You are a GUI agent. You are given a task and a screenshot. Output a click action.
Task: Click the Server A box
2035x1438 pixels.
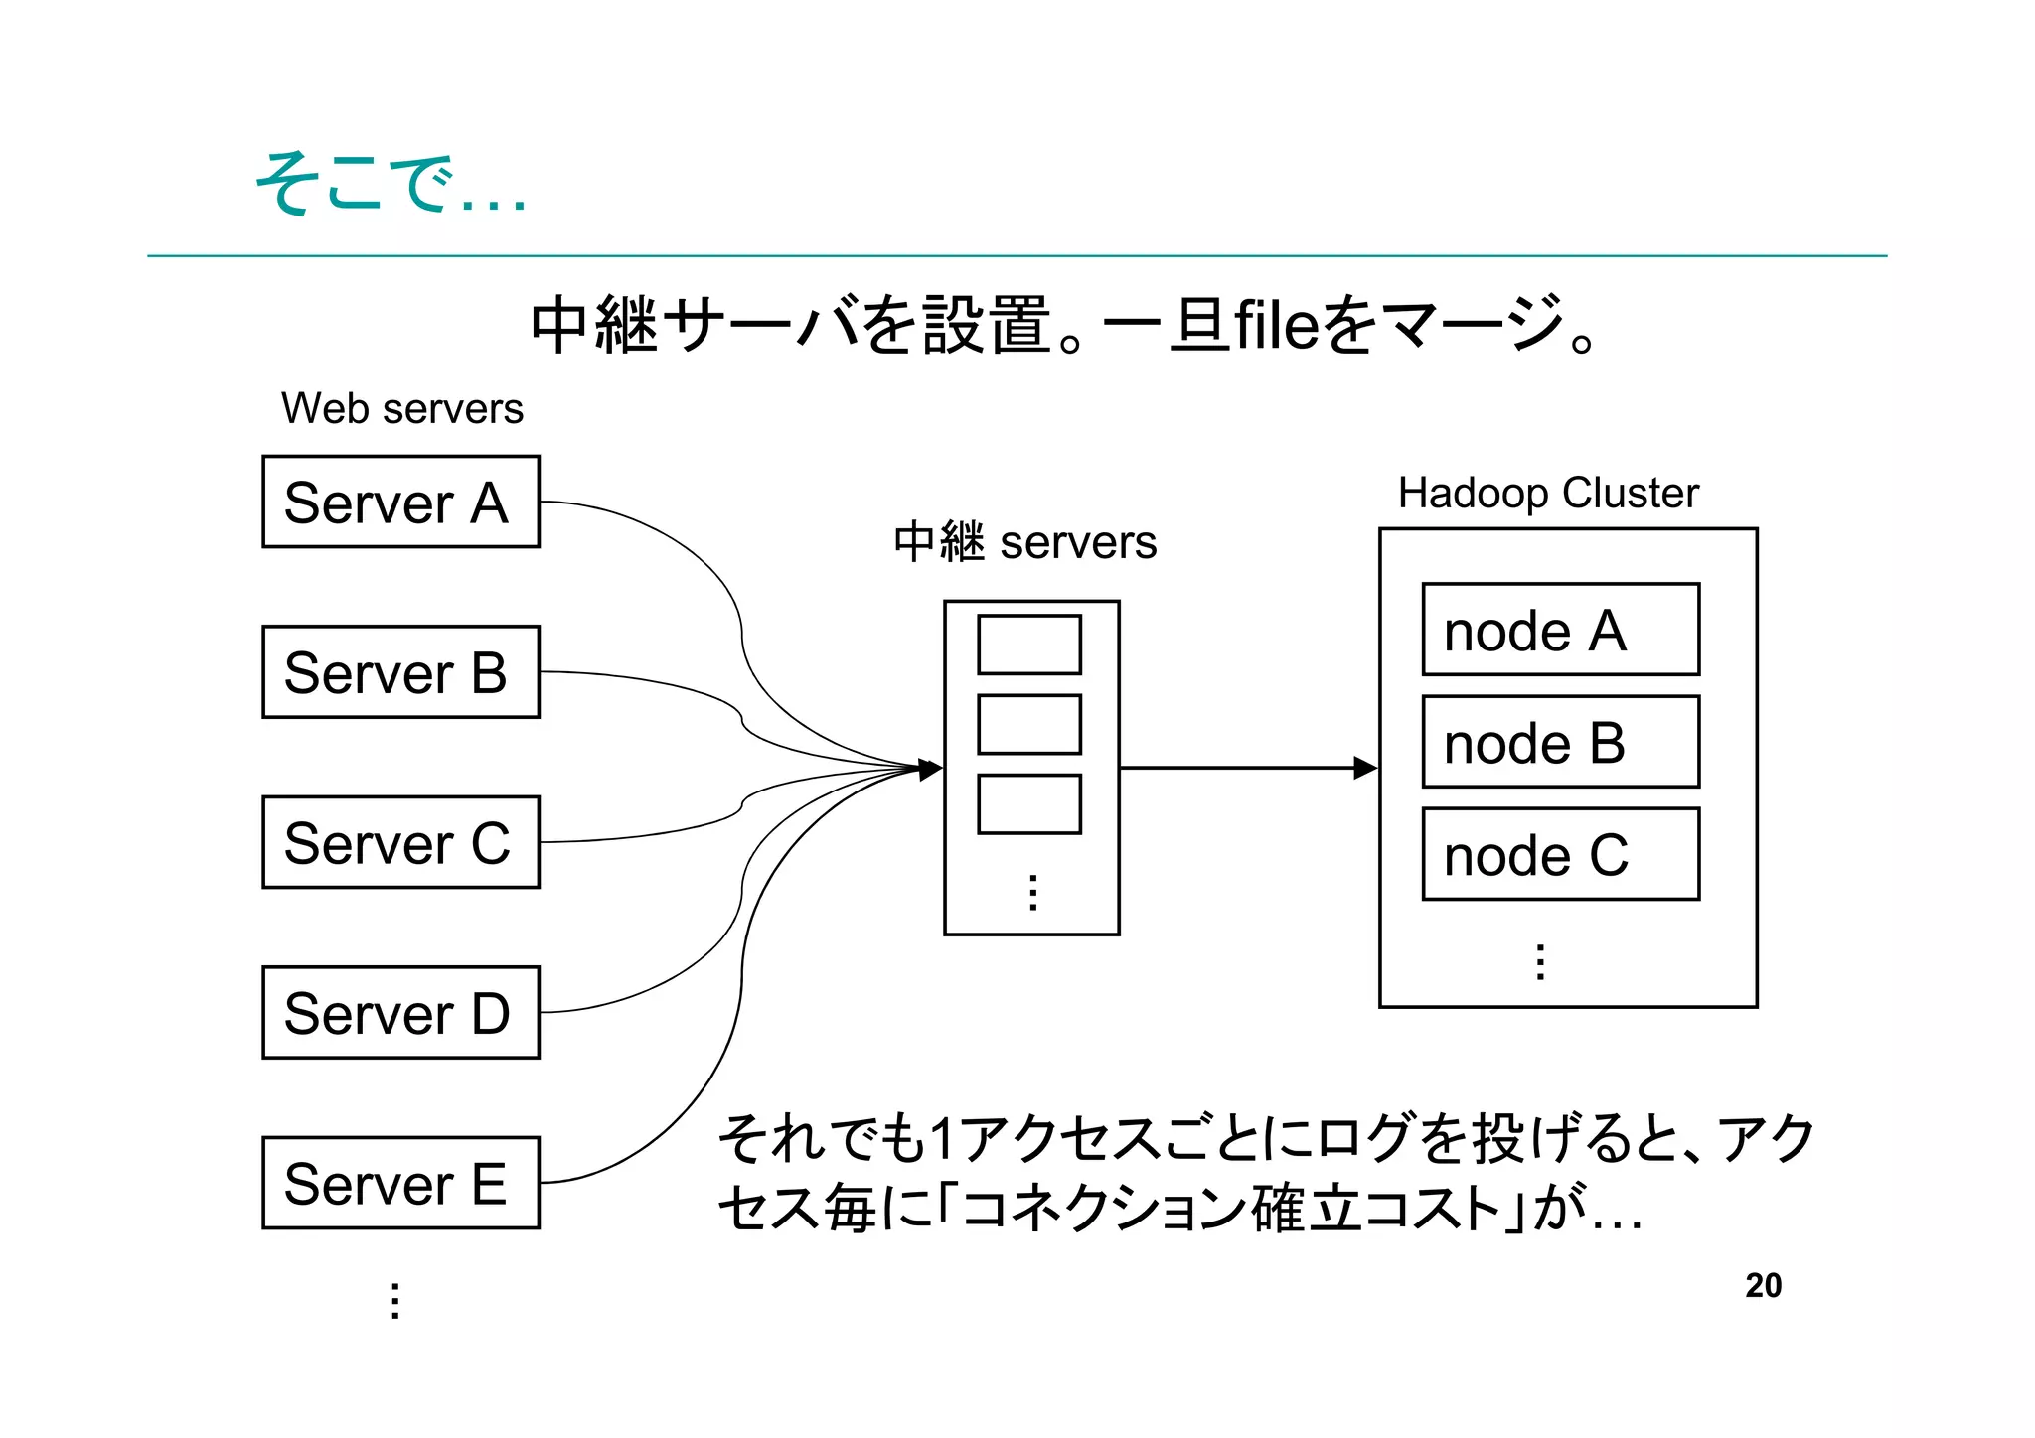400,502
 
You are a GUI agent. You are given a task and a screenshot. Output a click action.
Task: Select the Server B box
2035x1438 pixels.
400,671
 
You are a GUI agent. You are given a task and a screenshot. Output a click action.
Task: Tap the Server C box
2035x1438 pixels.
400,842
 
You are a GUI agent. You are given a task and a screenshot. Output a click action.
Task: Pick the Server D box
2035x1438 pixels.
400,1012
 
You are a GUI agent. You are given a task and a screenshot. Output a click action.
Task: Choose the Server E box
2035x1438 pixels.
400,1183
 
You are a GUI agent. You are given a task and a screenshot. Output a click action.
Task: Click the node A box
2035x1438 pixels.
1560,630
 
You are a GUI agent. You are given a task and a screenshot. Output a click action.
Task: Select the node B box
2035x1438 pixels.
1560,742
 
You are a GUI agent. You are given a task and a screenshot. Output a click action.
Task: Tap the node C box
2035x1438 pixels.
1560,854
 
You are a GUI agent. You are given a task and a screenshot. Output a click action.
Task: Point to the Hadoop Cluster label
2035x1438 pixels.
1548,494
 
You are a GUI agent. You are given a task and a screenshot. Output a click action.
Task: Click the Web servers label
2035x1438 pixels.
401,409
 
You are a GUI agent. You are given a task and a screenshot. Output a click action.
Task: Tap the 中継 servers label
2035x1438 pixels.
1024,542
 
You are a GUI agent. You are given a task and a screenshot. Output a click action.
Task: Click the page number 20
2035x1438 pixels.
1763,1285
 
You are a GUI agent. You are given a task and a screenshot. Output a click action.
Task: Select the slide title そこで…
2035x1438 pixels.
390,185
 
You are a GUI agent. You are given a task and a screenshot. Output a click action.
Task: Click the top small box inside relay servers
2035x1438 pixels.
1028,645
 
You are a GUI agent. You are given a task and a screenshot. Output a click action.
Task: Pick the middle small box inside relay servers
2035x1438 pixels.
1028,724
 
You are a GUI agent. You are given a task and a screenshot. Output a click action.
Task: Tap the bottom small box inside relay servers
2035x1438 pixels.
1028,803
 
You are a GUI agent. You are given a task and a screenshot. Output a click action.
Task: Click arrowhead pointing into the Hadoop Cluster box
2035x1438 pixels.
1366,768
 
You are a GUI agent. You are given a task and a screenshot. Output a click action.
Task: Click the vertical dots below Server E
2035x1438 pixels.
394,1300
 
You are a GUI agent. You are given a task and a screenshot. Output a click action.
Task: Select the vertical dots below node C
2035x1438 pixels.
1539,961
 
